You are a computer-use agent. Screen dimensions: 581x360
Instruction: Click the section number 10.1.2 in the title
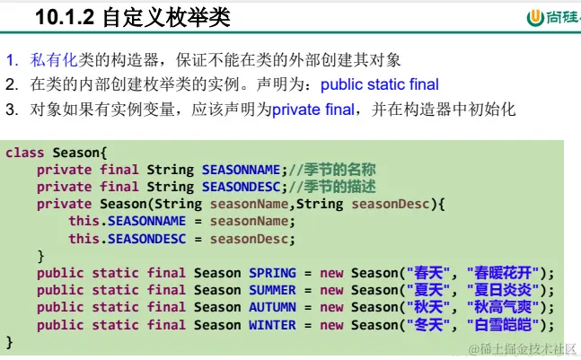[x=65, y=17]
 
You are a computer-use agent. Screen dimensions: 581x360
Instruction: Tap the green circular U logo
[x=535, y=18]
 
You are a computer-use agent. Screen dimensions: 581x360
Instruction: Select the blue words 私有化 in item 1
[x=54, y=60]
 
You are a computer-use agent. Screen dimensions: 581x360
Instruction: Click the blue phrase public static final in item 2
[x=380, y=84]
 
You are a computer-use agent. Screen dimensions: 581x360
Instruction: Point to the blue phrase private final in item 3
[x=313, y=110]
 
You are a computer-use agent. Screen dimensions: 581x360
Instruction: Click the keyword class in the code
[x=25, y=153]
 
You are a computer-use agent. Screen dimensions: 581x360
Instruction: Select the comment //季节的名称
[x=332, y=170]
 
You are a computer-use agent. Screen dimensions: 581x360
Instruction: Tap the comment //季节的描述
[x=332, y=187]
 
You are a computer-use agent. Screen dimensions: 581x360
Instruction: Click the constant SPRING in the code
[x=272, y=273]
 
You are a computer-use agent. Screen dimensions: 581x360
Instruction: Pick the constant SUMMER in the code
[x=272, y=290]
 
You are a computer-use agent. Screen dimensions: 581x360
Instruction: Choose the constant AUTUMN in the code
[x=272, y=307]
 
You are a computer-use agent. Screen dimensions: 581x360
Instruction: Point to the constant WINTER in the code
[x=272, y=325]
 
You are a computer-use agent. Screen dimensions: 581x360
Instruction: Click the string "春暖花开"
[x=503, y=273]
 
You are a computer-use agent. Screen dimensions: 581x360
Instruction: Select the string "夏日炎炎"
[x=503, y=290]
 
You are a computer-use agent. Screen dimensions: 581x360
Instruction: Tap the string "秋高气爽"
[x=503, y=307]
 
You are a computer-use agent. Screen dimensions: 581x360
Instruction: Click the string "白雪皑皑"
[x=503, y=325]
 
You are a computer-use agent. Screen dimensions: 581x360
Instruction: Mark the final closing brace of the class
[x=10, y=342]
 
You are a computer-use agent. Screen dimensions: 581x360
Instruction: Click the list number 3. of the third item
[x=12, y=110]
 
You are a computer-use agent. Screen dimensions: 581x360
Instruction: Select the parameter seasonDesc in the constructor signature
[x=391, y=204]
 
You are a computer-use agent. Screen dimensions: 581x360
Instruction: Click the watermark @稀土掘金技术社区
[x=523, y=349]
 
